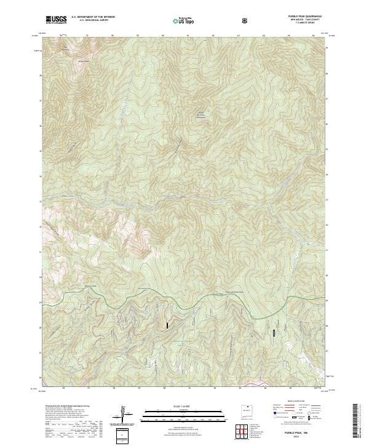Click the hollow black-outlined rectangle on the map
(x=274, y=333)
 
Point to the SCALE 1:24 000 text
(x=175, y=406)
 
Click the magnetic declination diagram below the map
(x=124, y=413)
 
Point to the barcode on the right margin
(x=357, y=421)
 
